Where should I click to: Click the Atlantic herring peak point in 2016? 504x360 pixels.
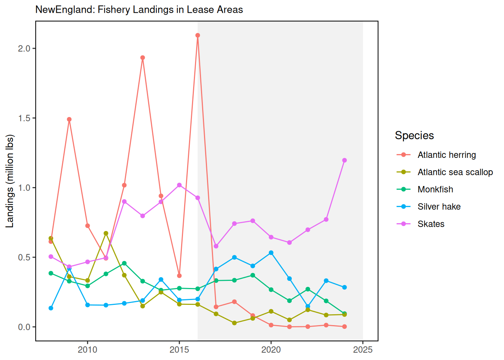point(198,35)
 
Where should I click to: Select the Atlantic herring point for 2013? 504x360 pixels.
point(142,58)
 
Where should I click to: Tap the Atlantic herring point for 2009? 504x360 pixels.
point(69,119)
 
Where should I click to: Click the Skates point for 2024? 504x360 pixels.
point(345,160)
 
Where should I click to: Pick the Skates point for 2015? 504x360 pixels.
point(179,185)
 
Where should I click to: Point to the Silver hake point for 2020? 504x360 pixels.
point(271,253)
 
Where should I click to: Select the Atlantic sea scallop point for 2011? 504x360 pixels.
point(106,233)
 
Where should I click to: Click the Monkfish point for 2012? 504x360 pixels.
point(124,263)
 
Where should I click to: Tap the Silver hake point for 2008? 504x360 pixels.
point(51,308)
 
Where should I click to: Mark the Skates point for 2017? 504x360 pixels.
point(216,246)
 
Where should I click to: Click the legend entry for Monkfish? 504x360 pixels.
point(435,189)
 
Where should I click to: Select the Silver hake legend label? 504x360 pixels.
point(439,207)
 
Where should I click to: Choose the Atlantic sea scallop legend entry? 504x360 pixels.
point(455,172)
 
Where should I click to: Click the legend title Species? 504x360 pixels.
point(414,135)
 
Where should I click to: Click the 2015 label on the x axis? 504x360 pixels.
point(179,350)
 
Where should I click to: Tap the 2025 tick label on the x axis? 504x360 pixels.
point(363,350)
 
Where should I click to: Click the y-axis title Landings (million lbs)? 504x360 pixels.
point(10,181)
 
